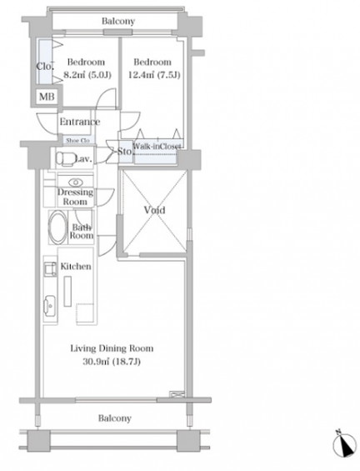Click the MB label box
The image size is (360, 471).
pos(47,97)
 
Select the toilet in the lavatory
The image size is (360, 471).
pos(66,158)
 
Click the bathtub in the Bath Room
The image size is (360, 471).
pos(57,228)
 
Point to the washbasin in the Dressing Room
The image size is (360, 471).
pos(76,182)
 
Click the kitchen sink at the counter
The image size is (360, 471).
pos(50,306)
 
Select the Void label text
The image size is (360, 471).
pos(155,210)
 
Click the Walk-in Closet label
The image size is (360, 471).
pos(157,146)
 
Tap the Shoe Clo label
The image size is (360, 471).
pos(77,140)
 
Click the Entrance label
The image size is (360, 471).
pos(79,122)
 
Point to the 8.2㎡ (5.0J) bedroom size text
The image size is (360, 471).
pos(87,75)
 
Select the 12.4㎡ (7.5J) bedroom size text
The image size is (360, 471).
pos(154,74)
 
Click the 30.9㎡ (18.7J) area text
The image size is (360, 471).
pos(112,361)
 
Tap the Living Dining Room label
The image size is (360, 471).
pos(112,348)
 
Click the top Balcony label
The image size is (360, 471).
pos(118,21)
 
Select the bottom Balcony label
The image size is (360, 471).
pos(115,418)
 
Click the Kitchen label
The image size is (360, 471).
pos(76,266)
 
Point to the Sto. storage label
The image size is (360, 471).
pos(125,152)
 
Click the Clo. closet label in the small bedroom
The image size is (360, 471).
pos(45,66)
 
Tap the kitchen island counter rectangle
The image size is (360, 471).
pos(67,292)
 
